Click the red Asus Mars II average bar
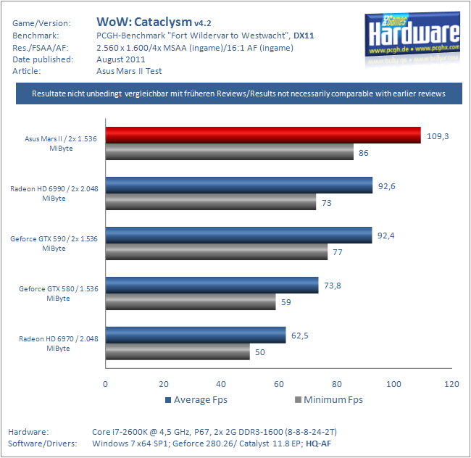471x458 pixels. [263, 135]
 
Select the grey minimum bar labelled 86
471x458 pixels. [230, 151]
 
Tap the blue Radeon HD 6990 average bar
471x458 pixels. [239, 185]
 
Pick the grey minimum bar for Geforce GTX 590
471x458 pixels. [217, 251]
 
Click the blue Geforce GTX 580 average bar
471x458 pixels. [212, 285]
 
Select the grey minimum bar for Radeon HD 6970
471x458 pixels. [178, 351]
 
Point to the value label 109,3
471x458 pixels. [438, 136]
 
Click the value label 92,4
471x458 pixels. [386, 236]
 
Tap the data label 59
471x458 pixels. [286, 302]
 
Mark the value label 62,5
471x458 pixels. [300, 336]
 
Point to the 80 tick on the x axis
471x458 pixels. [337, 384]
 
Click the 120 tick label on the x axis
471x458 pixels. [451, 384]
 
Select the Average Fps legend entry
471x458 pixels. [196, 400]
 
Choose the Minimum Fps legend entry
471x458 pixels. [329, 400]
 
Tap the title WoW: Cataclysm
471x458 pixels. [144, 22]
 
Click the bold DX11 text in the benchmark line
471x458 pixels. [304, 36]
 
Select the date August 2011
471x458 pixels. [121, 59]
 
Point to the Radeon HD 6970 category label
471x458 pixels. [58, 343]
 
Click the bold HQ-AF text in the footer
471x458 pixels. [318, 444]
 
